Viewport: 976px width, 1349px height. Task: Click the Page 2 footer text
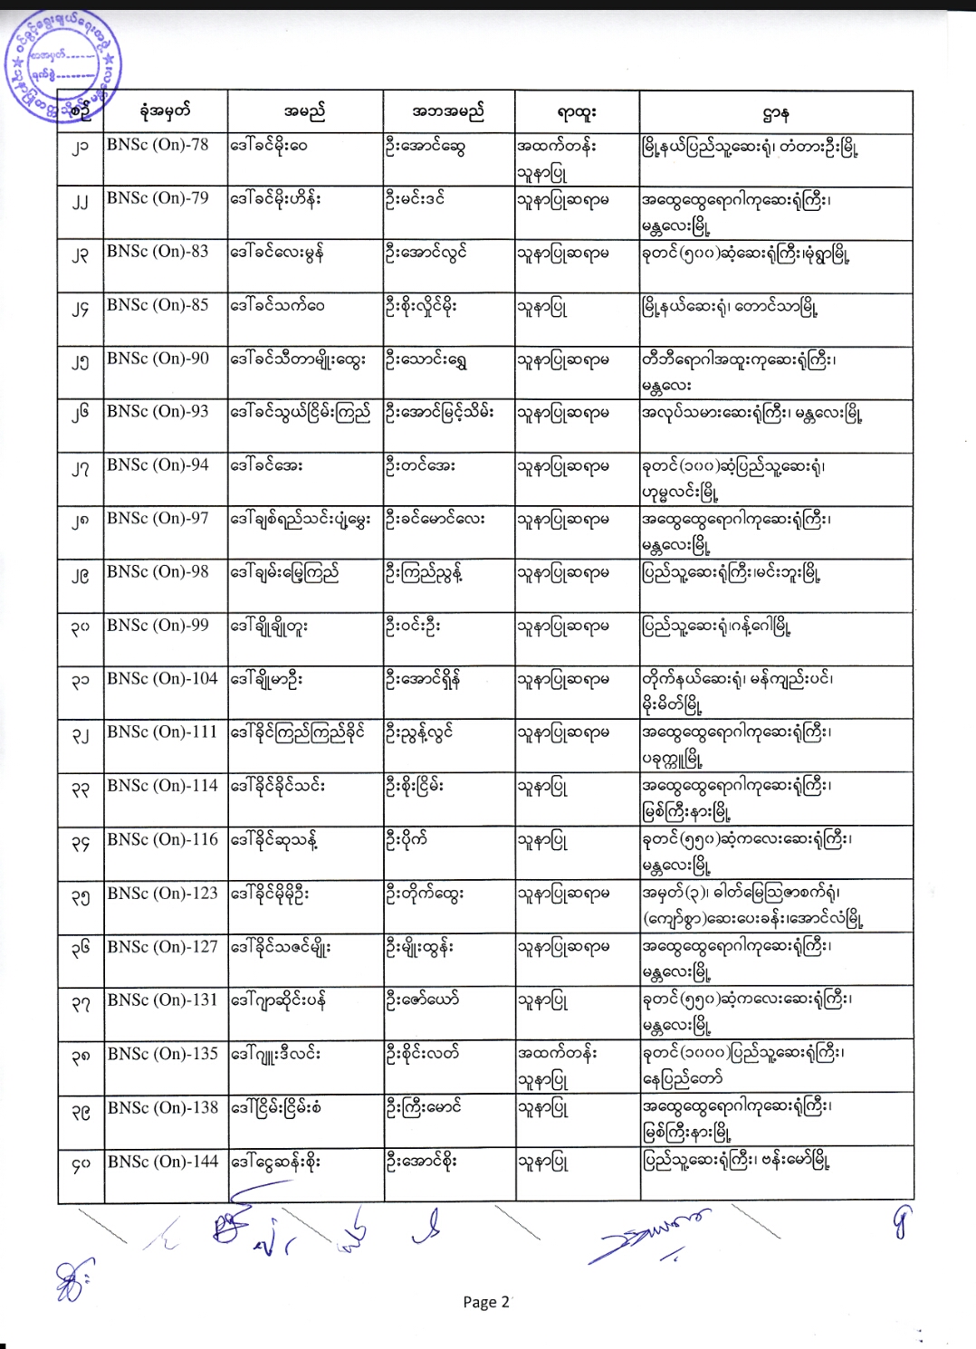pos(485,1302)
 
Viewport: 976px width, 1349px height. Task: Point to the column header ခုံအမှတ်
pos(165,112)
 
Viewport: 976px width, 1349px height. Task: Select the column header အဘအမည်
pos(448,112)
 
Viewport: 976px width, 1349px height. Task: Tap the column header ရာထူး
pos(577,112)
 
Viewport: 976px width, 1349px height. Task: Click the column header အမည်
pos(304,112)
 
